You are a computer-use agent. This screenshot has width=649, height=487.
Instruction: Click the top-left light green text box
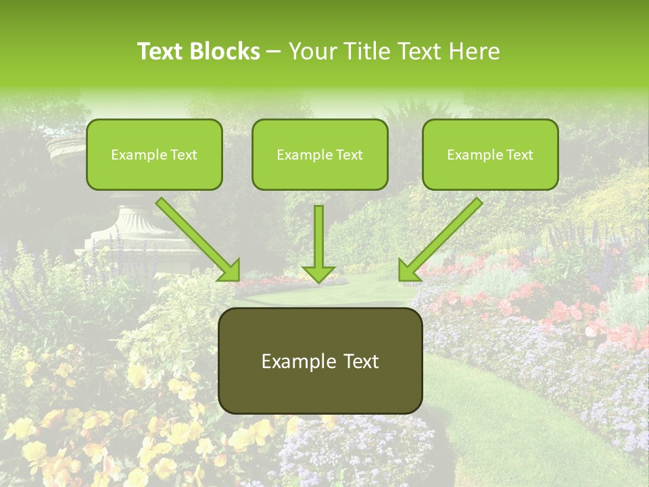[154, 154]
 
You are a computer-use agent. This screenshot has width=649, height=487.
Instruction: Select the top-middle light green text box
[320, 154]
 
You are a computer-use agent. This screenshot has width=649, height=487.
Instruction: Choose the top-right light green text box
[490, 154]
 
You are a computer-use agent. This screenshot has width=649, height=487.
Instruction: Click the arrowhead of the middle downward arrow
[318, 273]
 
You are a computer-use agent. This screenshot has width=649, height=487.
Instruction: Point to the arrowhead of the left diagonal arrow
[229, 270]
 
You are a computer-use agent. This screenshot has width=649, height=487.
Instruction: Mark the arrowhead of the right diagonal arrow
[408, 271]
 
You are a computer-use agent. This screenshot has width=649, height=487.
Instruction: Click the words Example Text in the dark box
[320, 361]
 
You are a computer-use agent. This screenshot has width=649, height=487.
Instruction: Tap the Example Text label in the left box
[154, 155]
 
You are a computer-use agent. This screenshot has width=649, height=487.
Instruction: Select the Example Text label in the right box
[490, 155]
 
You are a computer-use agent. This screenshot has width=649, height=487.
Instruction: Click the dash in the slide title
[274, 52]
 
